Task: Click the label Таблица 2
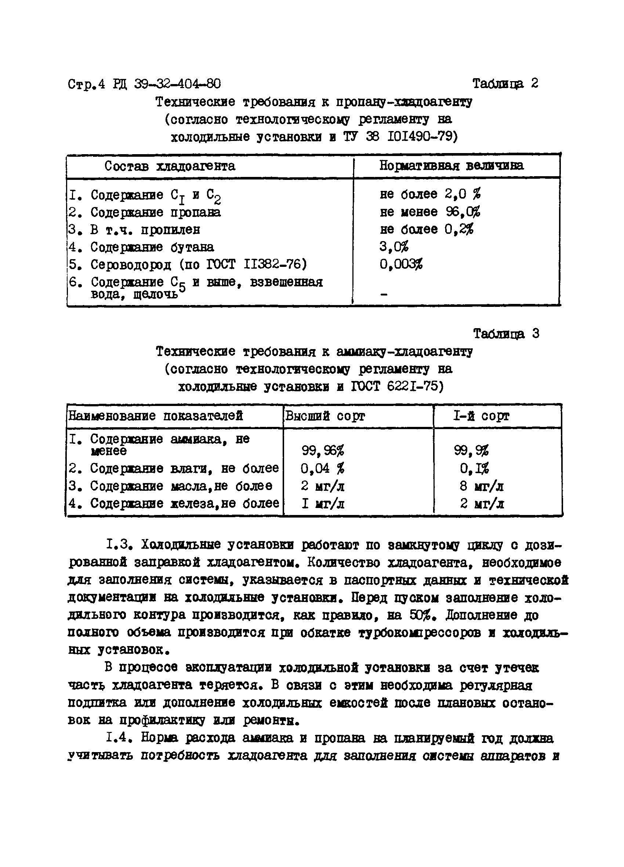pyautogui.click(x=505, y=84)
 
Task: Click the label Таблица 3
pyautogui.click(x=506, y=334)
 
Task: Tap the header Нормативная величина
pyautogui.click(x=451, y=166)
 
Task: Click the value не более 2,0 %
pyautogui.click(x=430, y=194)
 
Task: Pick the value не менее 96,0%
pyautogui.click(x=430, y=212)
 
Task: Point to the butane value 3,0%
pyautogui.click(x=394, y=247)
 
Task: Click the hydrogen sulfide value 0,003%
pyautogui.click(x=401, y=265)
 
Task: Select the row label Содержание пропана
pyautogui.click(x=155, y=212)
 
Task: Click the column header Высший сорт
pyautogui.click(x=325, y=416)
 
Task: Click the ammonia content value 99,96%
pyautogui.click(x=323, y=451)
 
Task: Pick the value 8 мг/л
pyautogui.click(x=481, y=486)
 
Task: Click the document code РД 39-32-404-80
pyautogui.click(x=167, y=84)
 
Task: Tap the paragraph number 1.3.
pyautogui.click(x=119, y=544)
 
